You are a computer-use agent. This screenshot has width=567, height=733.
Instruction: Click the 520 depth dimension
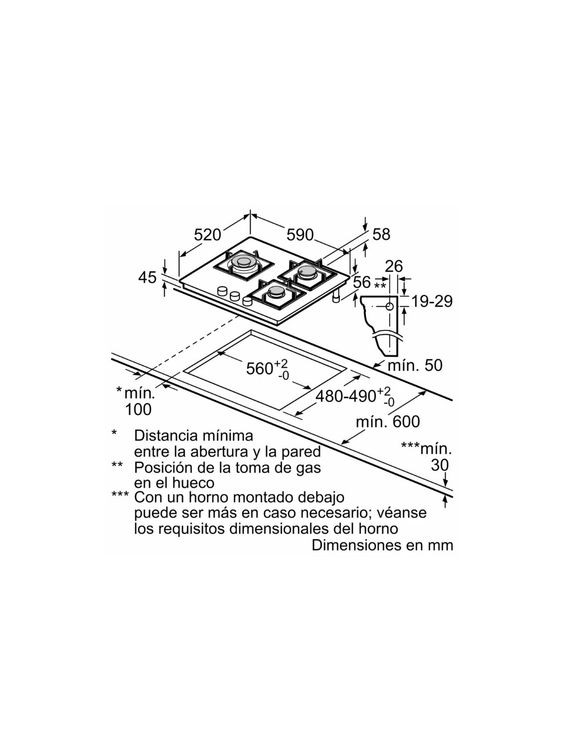[207, 235]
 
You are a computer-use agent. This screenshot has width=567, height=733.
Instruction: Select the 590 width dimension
[300, 235]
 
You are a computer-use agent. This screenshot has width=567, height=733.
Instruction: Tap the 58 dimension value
[381, 234]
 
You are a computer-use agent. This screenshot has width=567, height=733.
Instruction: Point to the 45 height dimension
[148, 278]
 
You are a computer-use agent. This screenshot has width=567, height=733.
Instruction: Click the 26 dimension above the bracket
[394, 266]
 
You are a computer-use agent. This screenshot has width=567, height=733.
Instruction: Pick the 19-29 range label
[432, 301]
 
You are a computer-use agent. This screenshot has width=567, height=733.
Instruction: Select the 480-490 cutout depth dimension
[355, 397]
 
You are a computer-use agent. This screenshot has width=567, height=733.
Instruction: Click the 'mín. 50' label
[415, 365]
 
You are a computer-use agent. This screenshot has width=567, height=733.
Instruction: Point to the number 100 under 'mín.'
[138, 409]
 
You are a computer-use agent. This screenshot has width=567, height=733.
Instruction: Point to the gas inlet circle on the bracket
[390, 306]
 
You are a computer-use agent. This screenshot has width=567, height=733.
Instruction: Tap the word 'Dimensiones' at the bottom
[355, 545]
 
